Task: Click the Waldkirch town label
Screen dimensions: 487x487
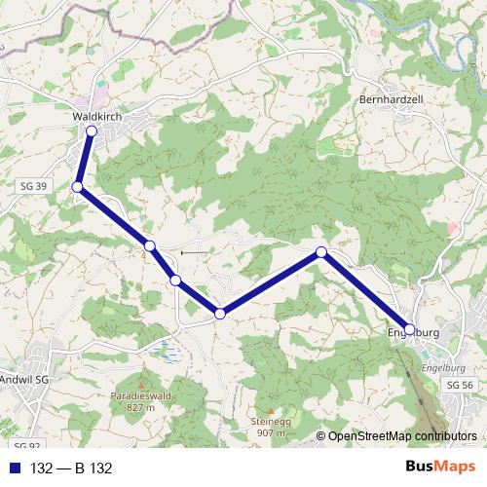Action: [94, 115]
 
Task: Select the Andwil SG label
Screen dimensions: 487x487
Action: [24, 378]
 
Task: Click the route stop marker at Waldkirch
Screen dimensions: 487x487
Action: [92, 131]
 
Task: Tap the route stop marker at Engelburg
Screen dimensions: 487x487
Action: [410, 329]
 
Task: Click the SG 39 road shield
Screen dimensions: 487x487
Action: [32, 185]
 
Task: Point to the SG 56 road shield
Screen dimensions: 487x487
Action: [459, 386]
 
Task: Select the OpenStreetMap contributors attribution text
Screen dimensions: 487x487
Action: [401, 436]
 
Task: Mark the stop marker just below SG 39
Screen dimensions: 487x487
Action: [77, 187]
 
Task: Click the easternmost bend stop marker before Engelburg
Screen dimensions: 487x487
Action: [321, 252]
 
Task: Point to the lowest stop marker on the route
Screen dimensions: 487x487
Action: [220, 313]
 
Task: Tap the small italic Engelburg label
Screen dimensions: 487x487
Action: [443, 368]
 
